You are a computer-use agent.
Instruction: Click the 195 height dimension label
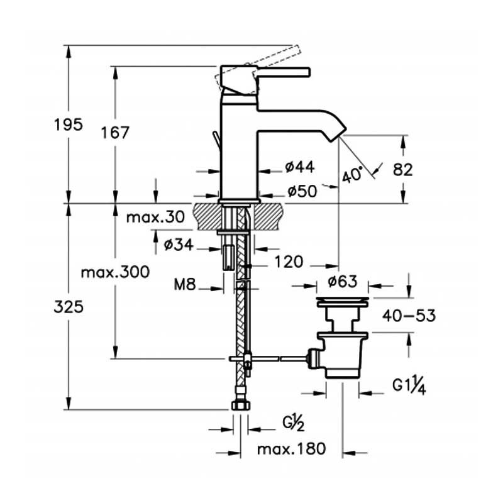(69, 124)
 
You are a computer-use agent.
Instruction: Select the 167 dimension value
(115, 133)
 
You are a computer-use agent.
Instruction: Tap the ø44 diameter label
(300, 167)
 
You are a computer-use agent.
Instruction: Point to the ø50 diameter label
(302, 191)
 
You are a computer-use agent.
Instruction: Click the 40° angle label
(352, 175)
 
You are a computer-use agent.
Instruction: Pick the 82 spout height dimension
(403, 170)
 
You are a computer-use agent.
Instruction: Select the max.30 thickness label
(155, 217)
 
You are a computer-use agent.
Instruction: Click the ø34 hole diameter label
(179, 245)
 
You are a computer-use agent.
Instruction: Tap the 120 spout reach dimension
(289, 262)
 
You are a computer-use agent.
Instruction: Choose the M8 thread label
(184, 284)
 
